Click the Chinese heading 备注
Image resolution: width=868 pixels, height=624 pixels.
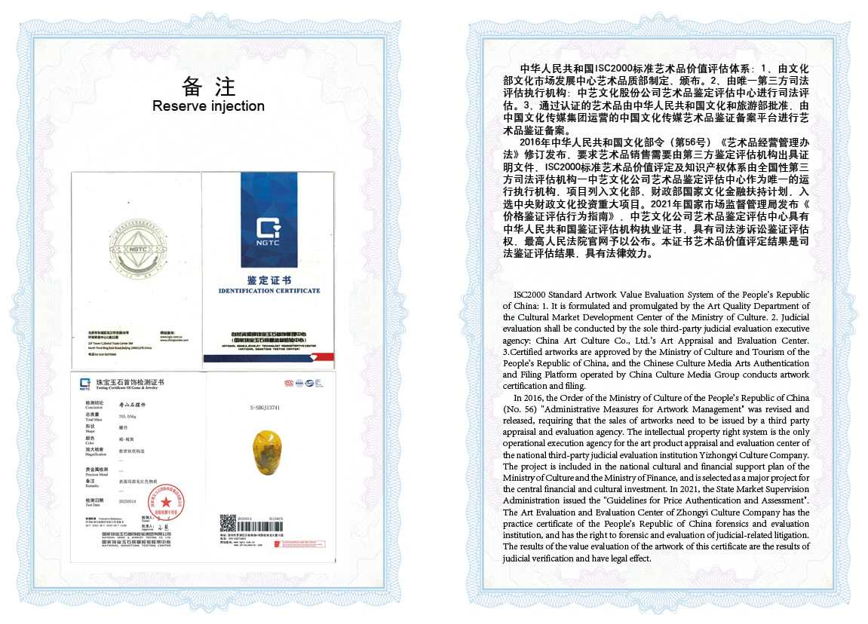(x=208, y=85)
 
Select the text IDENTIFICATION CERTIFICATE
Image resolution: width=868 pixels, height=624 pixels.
(x=269, y=291)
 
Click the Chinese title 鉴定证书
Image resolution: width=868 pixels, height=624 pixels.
(x=268, y=280)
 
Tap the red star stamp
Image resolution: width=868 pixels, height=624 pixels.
(x=166, y=501)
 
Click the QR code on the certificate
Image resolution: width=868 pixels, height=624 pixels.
(x=228, y=523)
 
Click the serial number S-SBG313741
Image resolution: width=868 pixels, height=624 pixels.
(x=265, y=408)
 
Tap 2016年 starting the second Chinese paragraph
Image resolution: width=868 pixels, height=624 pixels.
(x=532, y=142)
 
